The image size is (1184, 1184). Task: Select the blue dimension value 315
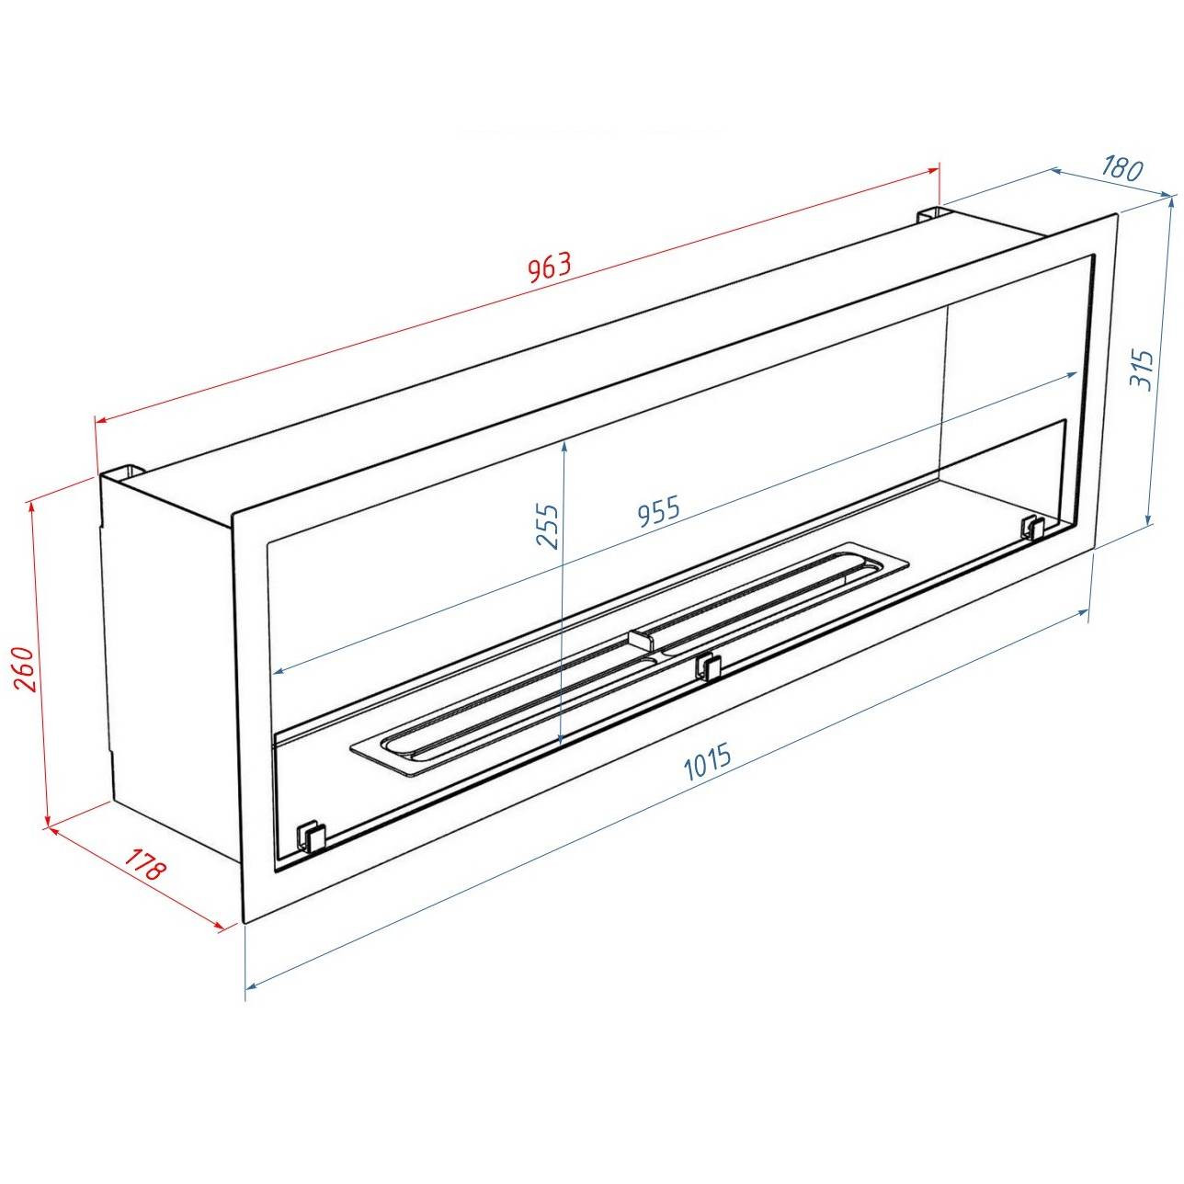point(1141,370)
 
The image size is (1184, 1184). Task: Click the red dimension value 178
point(145,863)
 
